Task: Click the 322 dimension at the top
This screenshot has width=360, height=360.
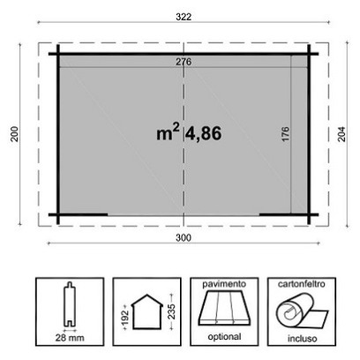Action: click(x=184, y=17)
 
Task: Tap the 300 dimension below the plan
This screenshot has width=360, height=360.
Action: click(x=184, y=237)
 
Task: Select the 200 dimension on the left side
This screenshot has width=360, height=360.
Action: click(x=15, y=134)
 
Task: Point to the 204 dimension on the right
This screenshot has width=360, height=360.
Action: click(x=341, y=134)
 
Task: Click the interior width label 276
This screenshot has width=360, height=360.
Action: click(x=184, y=62)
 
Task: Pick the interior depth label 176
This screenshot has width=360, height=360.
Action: click(x=285, y=134)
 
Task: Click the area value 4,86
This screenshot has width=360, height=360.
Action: click(x=204, y=133)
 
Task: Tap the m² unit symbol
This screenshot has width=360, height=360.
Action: click(x=168, y=132)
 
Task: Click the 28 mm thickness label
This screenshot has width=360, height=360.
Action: click(x=70, y=338)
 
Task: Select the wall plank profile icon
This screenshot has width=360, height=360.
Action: click(x=70, y=304)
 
